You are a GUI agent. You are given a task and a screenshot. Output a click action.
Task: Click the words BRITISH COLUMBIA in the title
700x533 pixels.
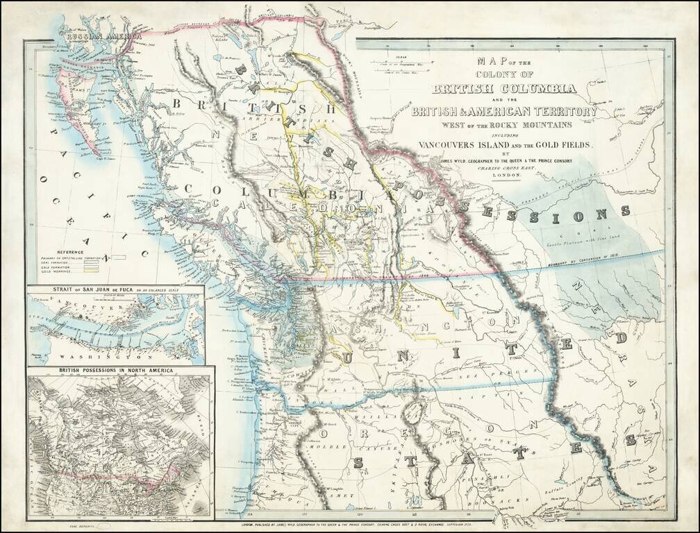(x=504, y=89)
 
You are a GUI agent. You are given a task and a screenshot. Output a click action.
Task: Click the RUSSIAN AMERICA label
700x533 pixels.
(x=103, y=35)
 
